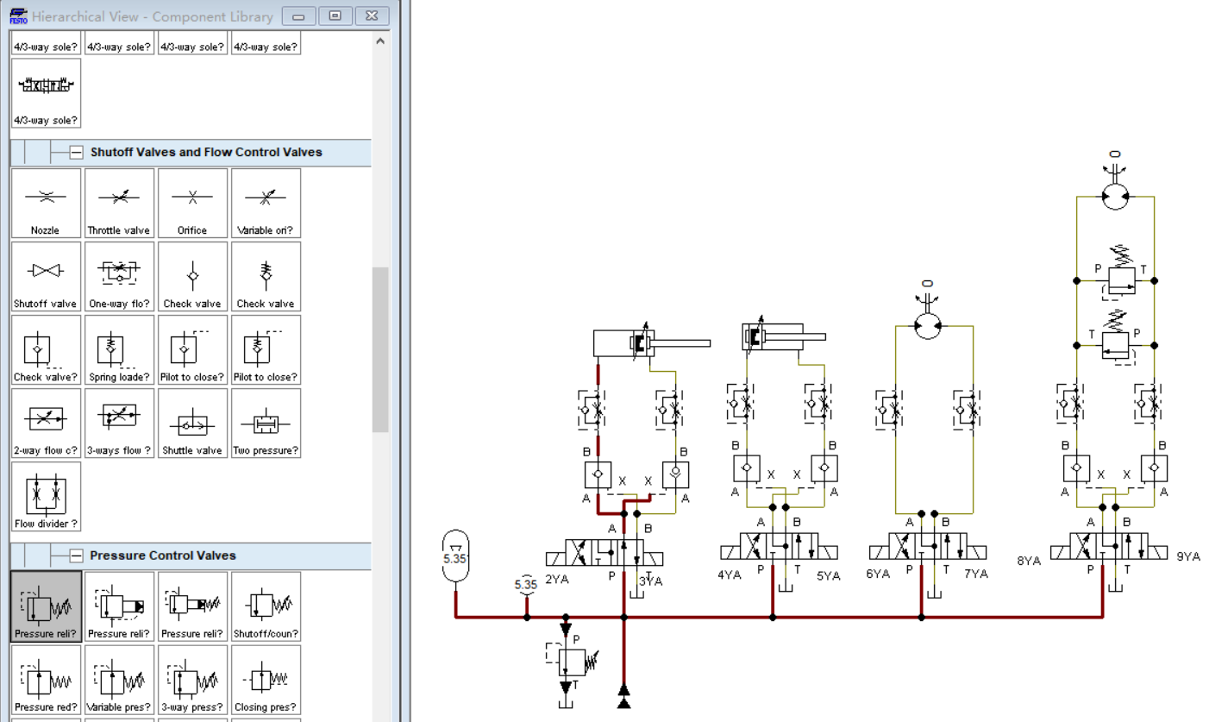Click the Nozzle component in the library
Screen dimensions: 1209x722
click(46, 203)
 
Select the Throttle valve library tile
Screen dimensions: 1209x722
click(119, 203)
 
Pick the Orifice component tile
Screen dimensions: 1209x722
click(192, 203)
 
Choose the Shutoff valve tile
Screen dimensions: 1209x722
click(46, 277)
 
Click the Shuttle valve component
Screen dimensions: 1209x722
click(192, 424)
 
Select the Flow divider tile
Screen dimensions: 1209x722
click(46, 497)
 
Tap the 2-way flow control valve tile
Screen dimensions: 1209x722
click(46, 424)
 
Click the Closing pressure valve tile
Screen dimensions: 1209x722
click(266, 680)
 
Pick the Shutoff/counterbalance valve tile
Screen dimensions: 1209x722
click(266, 606)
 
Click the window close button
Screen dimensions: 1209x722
click(372, 16)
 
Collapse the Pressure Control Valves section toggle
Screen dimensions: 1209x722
click(77, 556)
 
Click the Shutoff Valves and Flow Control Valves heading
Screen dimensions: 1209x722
click(206, 153)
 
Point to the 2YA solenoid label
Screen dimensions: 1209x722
click(557, 580)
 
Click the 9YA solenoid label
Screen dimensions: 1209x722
click(1188, 556)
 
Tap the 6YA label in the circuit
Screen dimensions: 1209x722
click(878, 574)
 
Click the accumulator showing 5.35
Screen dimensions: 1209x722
click(455, 556)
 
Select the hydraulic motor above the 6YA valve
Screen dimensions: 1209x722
click(928, 325)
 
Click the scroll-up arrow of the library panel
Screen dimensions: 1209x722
click(380, 41)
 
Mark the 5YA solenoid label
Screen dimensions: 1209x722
click(829, 576)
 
